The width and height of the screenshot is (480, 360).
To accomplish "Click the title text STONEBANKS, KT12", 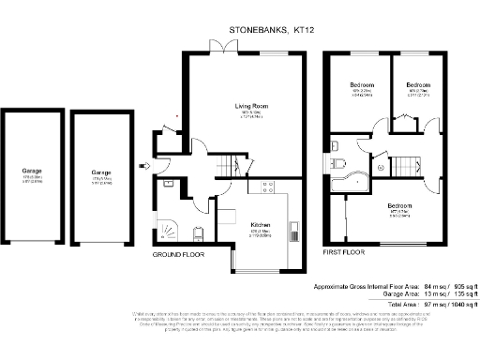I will coord(272,30).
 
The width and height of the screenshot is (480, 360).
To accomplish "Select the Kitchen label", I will coord(261,225).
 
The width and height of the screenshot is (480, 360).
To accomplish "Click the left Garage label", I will coord(32,171).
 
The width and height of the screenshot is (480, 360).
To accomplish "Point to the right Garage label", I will coord(101,173).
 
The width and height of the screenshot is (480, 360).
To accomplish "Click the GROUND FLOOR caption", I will coord(178,254).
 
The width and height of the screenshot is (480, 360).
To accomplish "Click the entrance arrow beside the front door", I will coord(142,167).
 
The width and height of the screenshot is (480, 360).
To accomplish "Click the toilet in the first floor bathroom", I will coord(336,146).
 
